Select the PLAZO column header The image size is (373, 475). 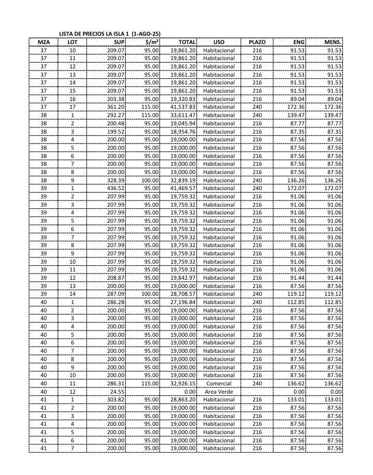click(257, 42)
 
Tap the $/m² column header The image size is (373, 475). click(152, 42)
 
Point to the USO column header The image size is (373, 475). click(219, 42)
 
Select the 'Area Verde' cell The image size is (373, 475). click(219, 392)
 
